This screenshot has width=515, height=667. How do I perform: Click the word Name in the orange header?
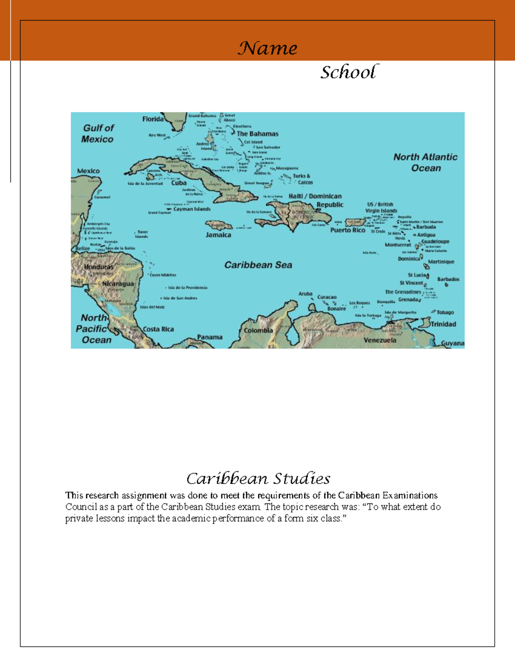(x=267, y=48)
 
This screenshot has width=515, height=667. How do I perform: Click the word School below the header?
(x=349, y=72)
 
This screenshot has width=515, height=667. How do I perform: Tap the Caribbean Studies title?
(x=258, y=478)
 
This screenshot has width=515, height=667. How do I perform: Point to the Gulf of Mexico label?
(x=98, y=133)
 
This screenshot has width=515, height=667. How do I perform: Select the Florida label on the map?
(x=153, y=119)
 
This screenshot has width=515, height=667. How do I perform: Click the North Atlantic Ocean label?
(x=425, y=162)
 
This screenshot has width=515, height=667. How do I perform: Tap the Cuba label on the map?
(x=179, y=183)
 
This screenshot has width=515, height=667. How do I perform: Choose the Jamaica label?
(x=218, y=235)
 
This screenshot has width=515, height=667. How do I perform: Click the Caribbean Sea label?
(x=258, y=265)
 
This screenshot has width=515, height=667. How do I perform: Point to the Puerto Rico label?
(x=348, y=230)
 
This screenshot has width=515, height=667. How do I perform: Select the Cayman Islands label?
(x=192, y=209)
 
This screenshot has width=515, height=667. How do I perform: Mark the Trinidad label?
(x=443, y=324)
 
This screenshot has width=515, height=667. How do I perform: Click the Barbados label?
(x=448, y=279)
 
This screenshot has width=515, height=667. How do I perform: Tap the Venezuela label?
(x=380, y=340)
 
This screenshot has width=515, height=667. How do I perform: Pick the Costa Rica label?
(x=158, y=329)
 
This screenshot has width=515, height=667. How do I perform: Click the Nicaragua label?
(x=118, y=284)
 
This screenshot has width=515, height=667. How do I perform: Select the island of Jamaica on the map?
(x=219, y=225)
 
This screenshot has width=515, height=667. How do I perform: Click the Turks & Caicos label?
(x=302, y=179)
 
